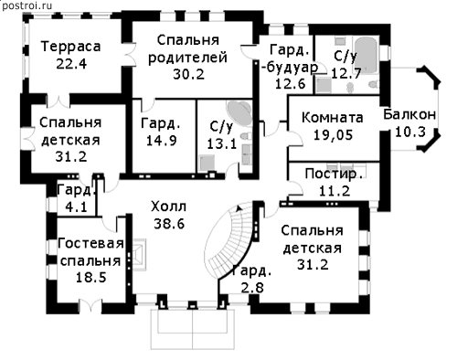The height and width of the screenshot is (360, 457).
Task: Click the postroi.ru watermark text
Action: (x=27, y=5)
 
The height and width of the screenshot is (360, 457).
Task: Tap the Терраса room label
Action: (x=70, y=47)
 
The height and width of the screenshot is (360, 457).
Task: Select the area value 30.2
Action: (x=188, y=74)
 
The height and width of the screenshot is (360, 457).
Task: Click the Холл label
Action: (x=168, y=206)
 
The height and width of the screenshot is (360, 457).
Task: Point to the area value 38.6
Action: (x=169, y=224)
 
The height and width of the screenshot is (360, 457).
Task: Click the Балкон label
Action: (x=409, y=114)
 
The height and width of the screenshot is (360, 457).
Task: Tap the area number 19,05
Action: (x=333, y=134)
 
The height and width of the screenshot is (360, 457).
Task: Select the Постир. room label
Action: (x=335, y=174)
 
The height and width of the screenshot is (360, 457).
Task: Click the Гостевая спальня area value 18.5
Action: (x=90, y=278)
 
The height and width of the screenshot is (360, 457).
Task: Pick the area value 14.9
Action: (x=162, y=141)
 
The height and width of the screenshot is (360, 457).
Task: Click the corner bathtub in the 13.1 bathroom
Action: (x=239, y=113)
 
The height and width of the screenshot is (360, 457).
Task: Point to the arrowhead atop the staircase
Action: (x=239, y=208)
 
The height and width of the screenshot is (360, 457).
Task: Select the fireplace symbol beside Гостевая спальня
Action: (x=139, y=254)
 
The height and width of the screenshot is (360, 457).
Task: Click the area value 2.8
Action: (x=252, y=287)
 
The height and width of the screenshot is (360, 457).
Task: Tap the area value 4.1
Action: (x=76, y=207)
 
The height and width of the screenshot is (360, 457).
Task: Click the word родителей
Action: (x=187, y=58)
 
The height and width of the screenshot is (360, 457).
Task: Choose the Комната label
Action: (x=333, y=118)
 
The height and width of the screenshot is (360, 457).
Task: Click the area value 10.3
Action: (x=409, y=132)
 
